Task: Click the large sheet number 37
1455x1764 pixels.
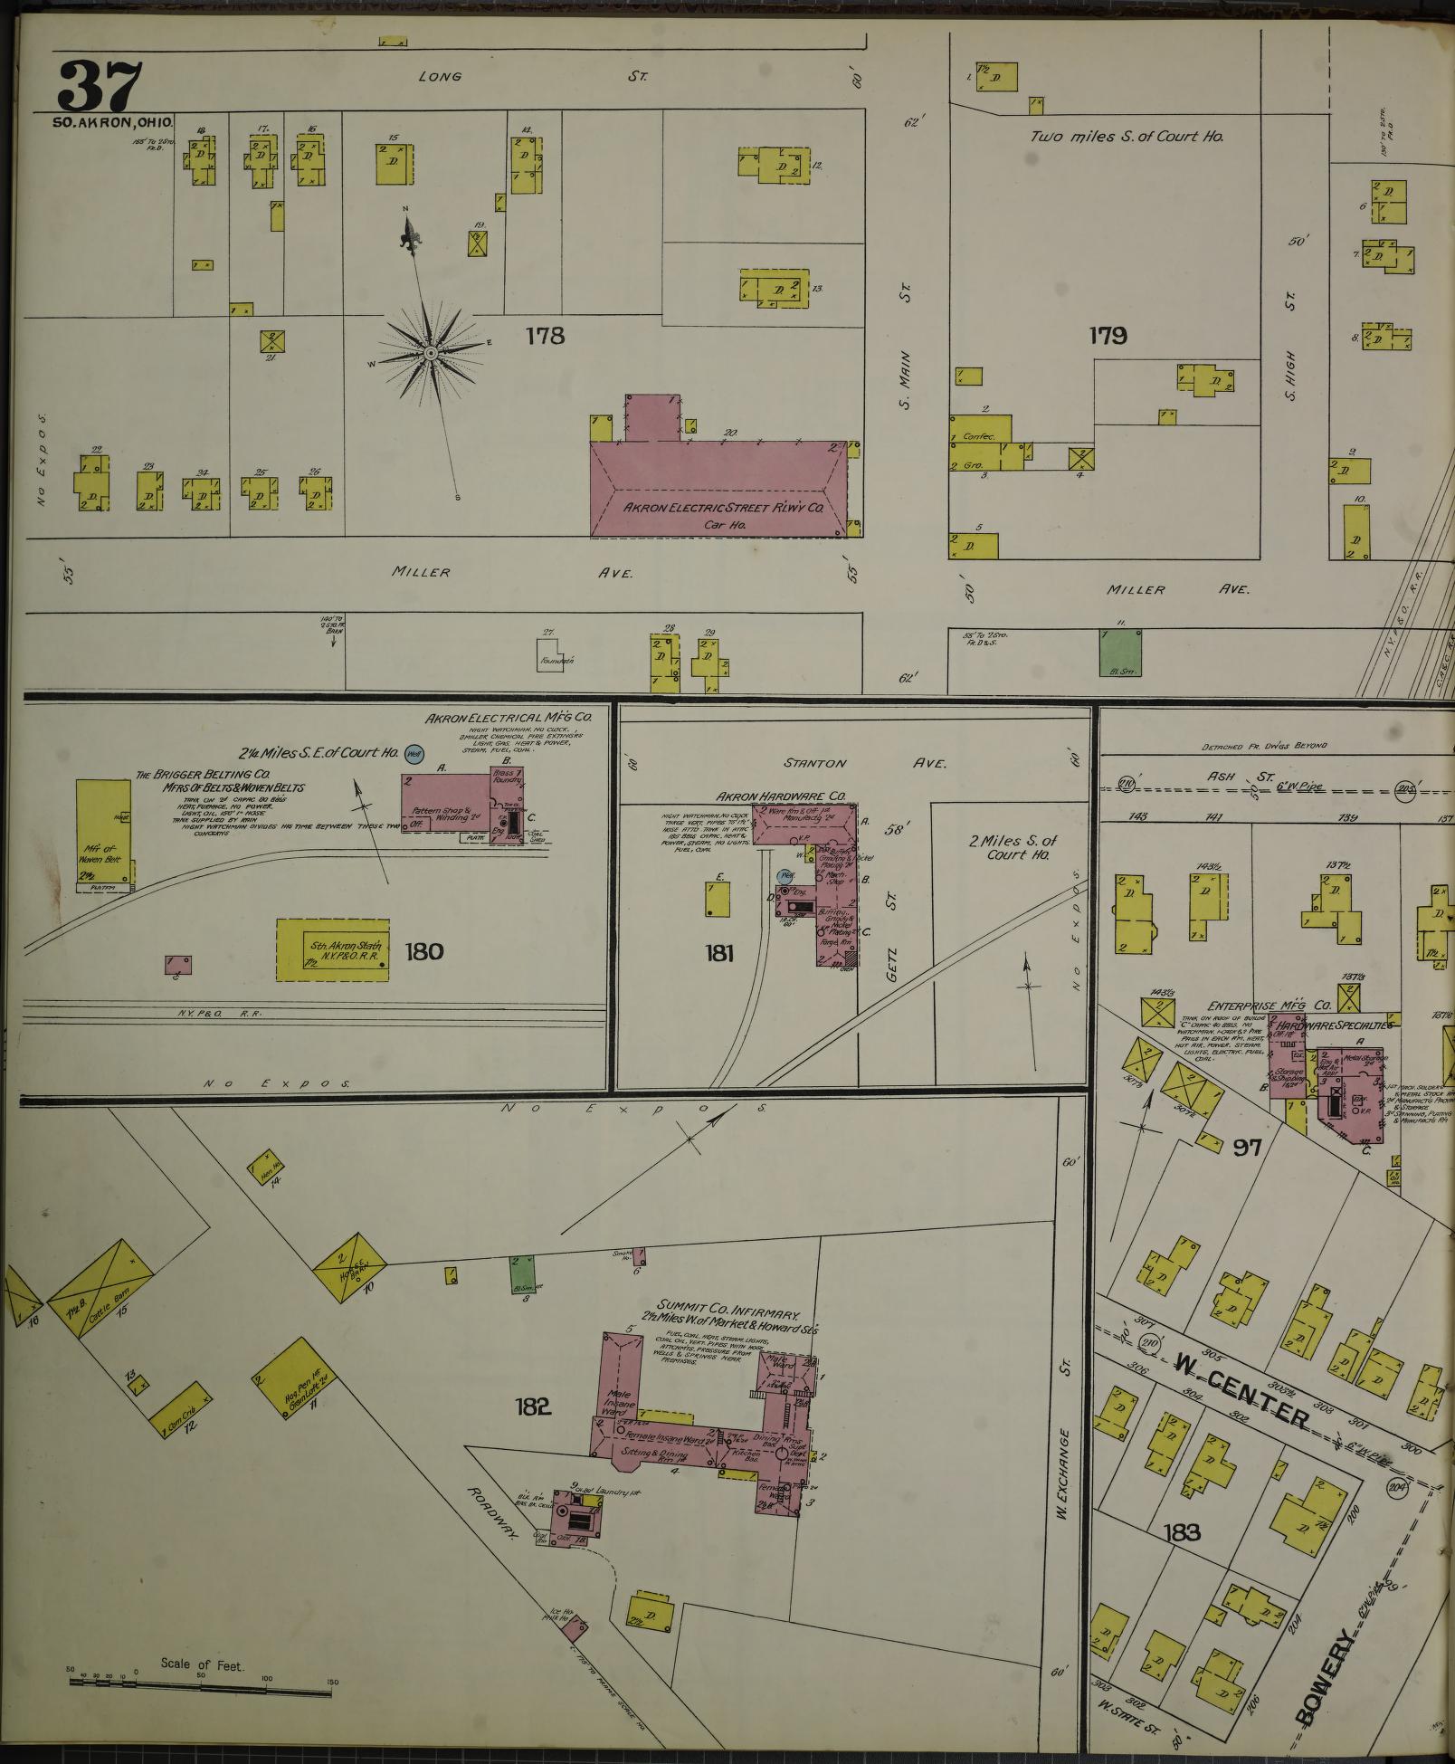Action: click(x=100, y=85)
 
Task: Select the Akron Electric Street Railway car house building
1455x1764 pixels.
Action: click(x=719, y=489)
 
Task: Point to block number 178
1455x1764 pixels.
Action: click(x=545, y=337)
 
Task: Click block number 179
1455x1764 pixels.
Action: click(x=1108, y=337)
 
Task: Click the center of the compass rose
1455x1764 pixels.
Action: click(x=432, y=351)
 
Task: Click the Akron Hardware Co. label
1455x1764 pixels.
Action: click(x=781, y=797)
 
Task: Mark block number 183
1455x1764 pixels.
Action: click(x=1182, y=1532)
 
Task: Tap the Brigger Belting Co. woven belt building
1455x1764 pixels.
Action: click(x=103, y=832)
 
